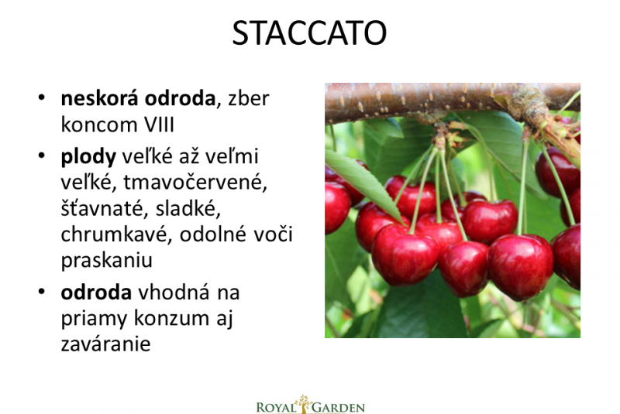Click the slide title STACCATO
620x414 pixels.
[308, 33]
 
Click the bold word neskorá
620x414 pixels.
[100, 98]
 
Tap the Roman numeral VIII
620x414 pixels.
[159, 125]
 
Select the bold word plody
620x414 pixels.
[88, 157]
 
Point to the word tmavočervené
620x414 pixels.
[195, 183]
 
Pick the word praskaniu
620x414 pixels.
[107, 261]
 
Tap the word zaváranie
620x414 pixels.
[105, 344]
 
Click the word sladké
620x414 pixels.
[188, 208]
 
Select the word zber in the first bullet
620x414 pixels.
[249, 98]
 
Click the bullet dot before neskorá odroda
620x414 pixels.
[42, 98]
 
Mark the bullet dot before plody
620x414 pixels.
[42, 156]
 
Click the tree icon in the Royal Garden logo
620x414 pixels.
[304, 403]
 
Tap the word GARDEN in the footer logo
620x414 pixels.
[338, 408]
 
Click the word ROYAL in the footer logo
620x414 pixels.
[277, 408]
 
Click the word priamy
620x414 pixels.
[95, 319]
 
